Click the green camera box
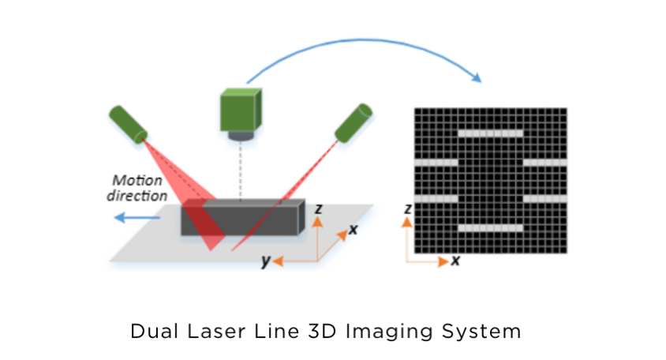241,110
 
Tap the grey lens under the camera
241,136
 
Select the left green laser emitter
129,124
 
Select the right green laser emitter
354,123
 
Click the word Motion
137,180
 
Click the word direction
137,196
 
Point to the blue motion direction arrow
137,218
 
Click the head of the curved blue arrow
477,77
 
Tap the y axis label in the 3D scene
265,261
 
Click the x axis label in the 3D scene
353,230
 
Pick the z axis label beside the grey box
318,208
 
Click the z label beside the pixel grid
408,209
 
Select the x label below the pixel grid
455,260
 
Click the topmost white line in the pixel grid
491,133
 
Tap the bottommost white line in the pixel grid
491,228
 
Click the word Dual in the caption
154,331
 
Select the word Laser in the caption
217,331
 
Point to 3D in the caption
322,331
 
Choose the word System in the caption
481,332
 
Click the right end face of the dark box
301,216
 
